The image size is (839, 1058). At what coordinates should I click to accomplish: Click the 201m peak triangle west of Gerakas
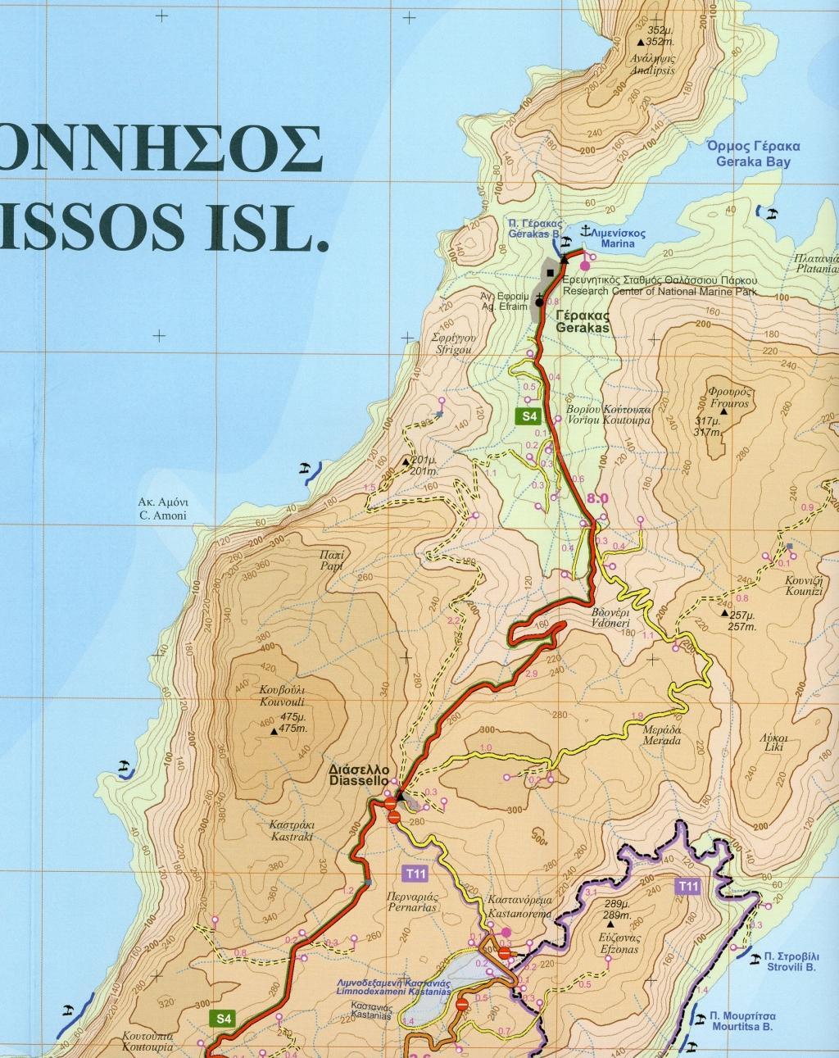point(406,462)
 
